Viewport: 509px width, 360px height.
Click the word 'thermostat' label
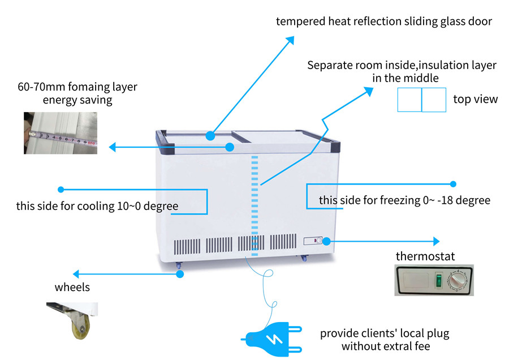tap(425, 256)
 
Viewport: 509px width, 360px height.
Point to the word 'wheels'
tap(72, 287)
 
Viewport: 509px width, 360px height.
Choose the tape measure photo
tap(60, 134)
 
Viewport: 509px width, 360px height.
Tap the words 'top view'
tap(475, 100)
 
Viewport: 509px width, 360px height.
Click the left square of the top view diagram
tap(409, 100)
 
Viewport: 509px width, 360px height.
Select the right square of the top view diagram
tap(434, 100)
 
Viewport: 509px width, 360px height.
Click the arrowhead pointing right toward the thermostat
tap(435, 241)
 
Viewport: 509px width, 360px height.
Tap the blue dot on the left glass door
tap(210, 136)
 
